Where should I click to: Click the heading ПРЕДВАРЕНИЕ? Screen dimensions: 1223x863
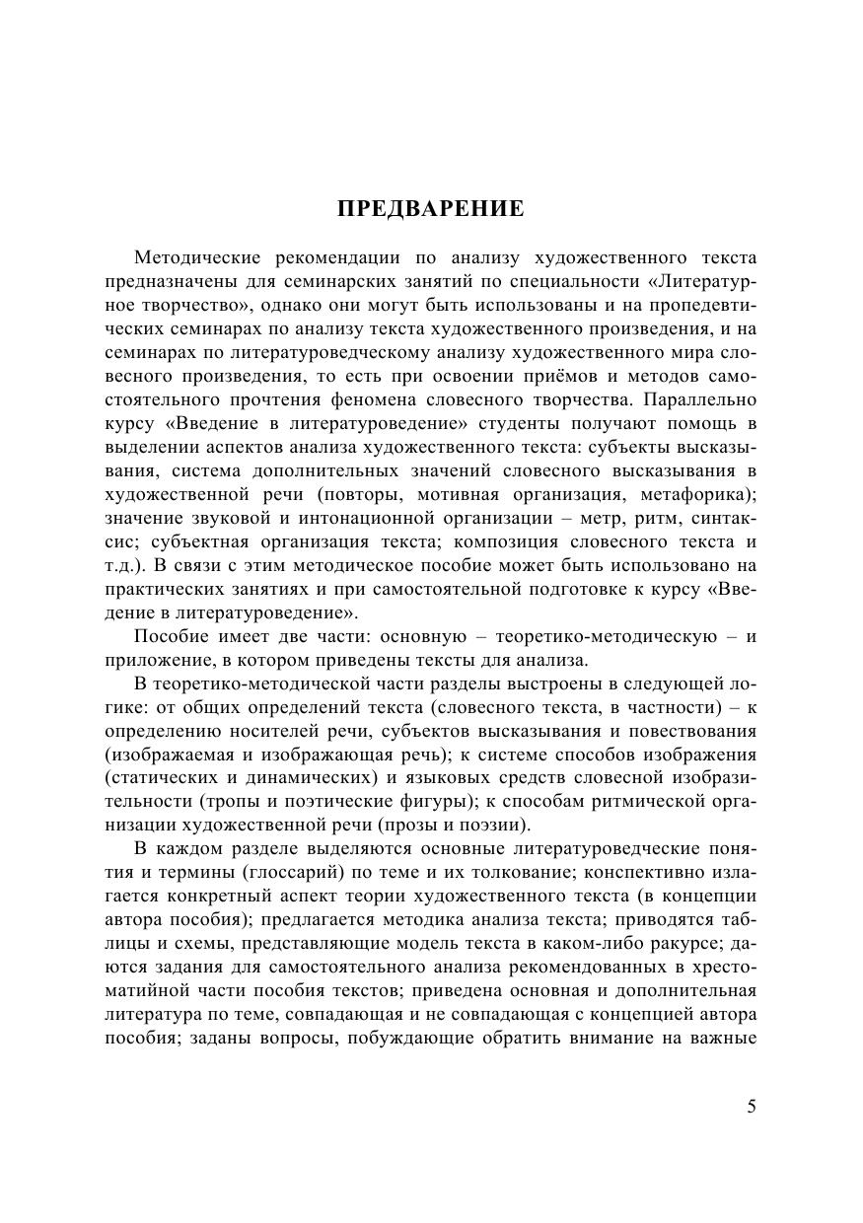pos(431,209)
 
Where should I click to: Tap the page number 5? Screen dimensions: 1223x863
pos(752,1106)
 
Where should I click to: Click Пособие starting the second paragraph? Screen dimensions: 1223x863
pos(170,636)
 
